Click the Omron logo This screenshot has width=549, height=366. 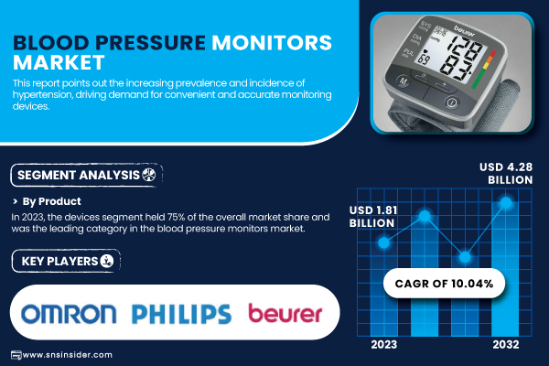tap(69, 314)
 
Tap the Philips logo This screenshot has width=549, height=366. tap(181, 314)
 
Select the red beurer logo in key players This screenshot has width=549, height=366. tap(285, 313)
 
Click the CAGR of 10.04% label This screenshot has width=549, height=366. tap(444, 284)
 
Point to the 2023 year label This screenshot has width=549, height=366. tap(384, 345)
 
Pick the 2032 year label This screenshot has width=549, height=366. tap(506, 345)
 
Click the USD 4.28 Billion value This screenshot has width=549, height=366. tap(506, 173)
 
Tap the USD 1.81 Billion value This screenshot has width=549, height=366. tap(373, 217)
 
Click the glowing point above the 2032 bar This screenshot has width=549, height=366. tap(506, 202)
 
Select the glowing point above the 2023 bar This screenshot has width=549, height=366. tap(384, 242)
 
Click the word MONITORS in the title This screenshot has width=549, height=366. tap(272, 43)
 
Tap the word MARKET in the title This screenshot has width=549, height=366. tap(59, 63)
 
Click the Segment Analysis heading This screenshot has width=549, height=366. tap(79, 175)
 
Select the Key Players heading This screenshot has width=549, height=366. tap(59, 262)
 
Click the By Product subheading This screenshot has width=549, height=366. tap(51, 201)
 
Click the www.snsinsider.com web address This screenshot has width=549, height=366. tap(67, 355)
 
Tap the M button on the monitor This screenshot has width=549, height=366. tap(404, 81)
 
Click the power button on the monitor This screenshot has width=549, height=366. tap(452, 102)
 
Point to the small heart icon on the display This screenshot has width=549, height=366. tap(425, 51)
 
